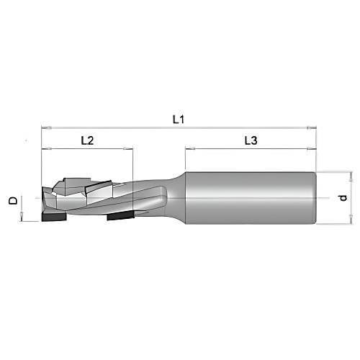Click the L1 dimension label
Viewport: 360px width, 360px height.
pyautogui.click(x=179, y=119)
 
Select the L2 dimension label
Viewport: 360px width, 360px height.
pyautogui.click(x=86, y=141)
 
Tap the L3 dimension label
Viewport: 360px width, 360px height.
pyautogui.click(x=250, y=141)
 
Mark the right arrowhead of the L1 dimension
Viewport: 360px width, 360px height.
pyautogui.click(x=312, y=127)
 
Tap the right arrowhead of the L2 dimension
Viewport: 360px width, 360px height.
pyautogui.click(x=130, y=150)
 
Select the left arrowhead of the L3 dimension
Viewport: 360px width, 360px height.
pyautogui.click(x=189, y=150)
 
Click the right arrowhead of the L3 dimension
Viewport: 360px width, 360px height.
pyautogui.click(x=312, y=150)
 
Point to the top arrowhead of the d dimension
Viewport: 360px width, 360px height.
pyautogui.click(x=351, y=174)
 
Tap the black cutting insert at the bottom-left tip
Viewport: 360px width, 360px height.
pyautogui.click(x=55, y=217)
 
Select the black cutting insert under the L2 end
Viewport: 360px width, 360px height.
pyautogui.click(x=120, y=215)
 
